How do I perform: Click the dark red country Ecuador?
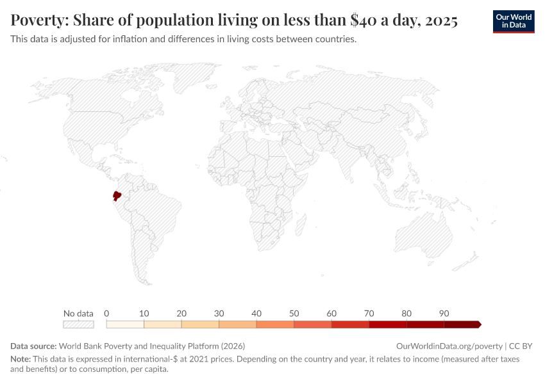117,195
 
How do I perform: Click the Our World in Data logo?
513,21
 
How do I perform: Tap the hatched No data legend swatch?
78,324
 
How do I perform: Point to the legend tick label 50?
294,314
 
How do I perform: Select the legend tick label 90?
444,314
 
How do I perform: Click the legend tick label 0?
106,314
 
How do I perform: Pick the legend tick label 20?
181,314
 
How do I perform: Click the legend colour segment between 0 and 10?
125,324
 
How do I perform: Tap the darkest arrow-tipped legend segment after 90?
462,324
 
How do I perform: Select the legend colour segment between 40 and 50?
275,324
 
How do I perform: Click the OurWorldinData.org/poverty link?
449,346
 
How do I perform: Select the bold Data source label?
34,346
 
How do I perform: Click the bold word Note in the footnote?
21,359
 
